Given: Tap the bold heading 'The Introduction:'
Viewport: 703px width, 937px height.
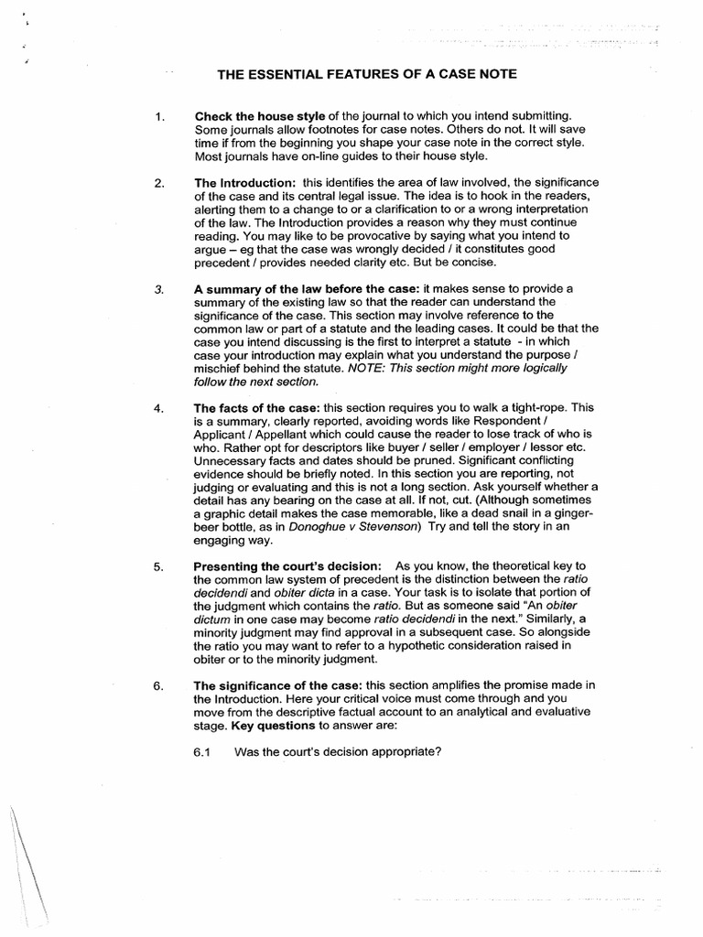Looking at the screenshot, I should click(x=245, y=184).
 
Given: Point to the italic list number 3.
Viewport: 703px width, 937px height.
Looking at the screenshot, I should click(x=159, y=288).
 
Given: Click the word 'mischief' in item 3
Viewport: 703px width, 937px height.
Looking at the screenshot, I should click(x=223, y=367).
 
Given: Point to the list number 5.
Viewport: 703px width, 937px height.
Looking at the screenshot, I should click(x=159, y=566).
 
